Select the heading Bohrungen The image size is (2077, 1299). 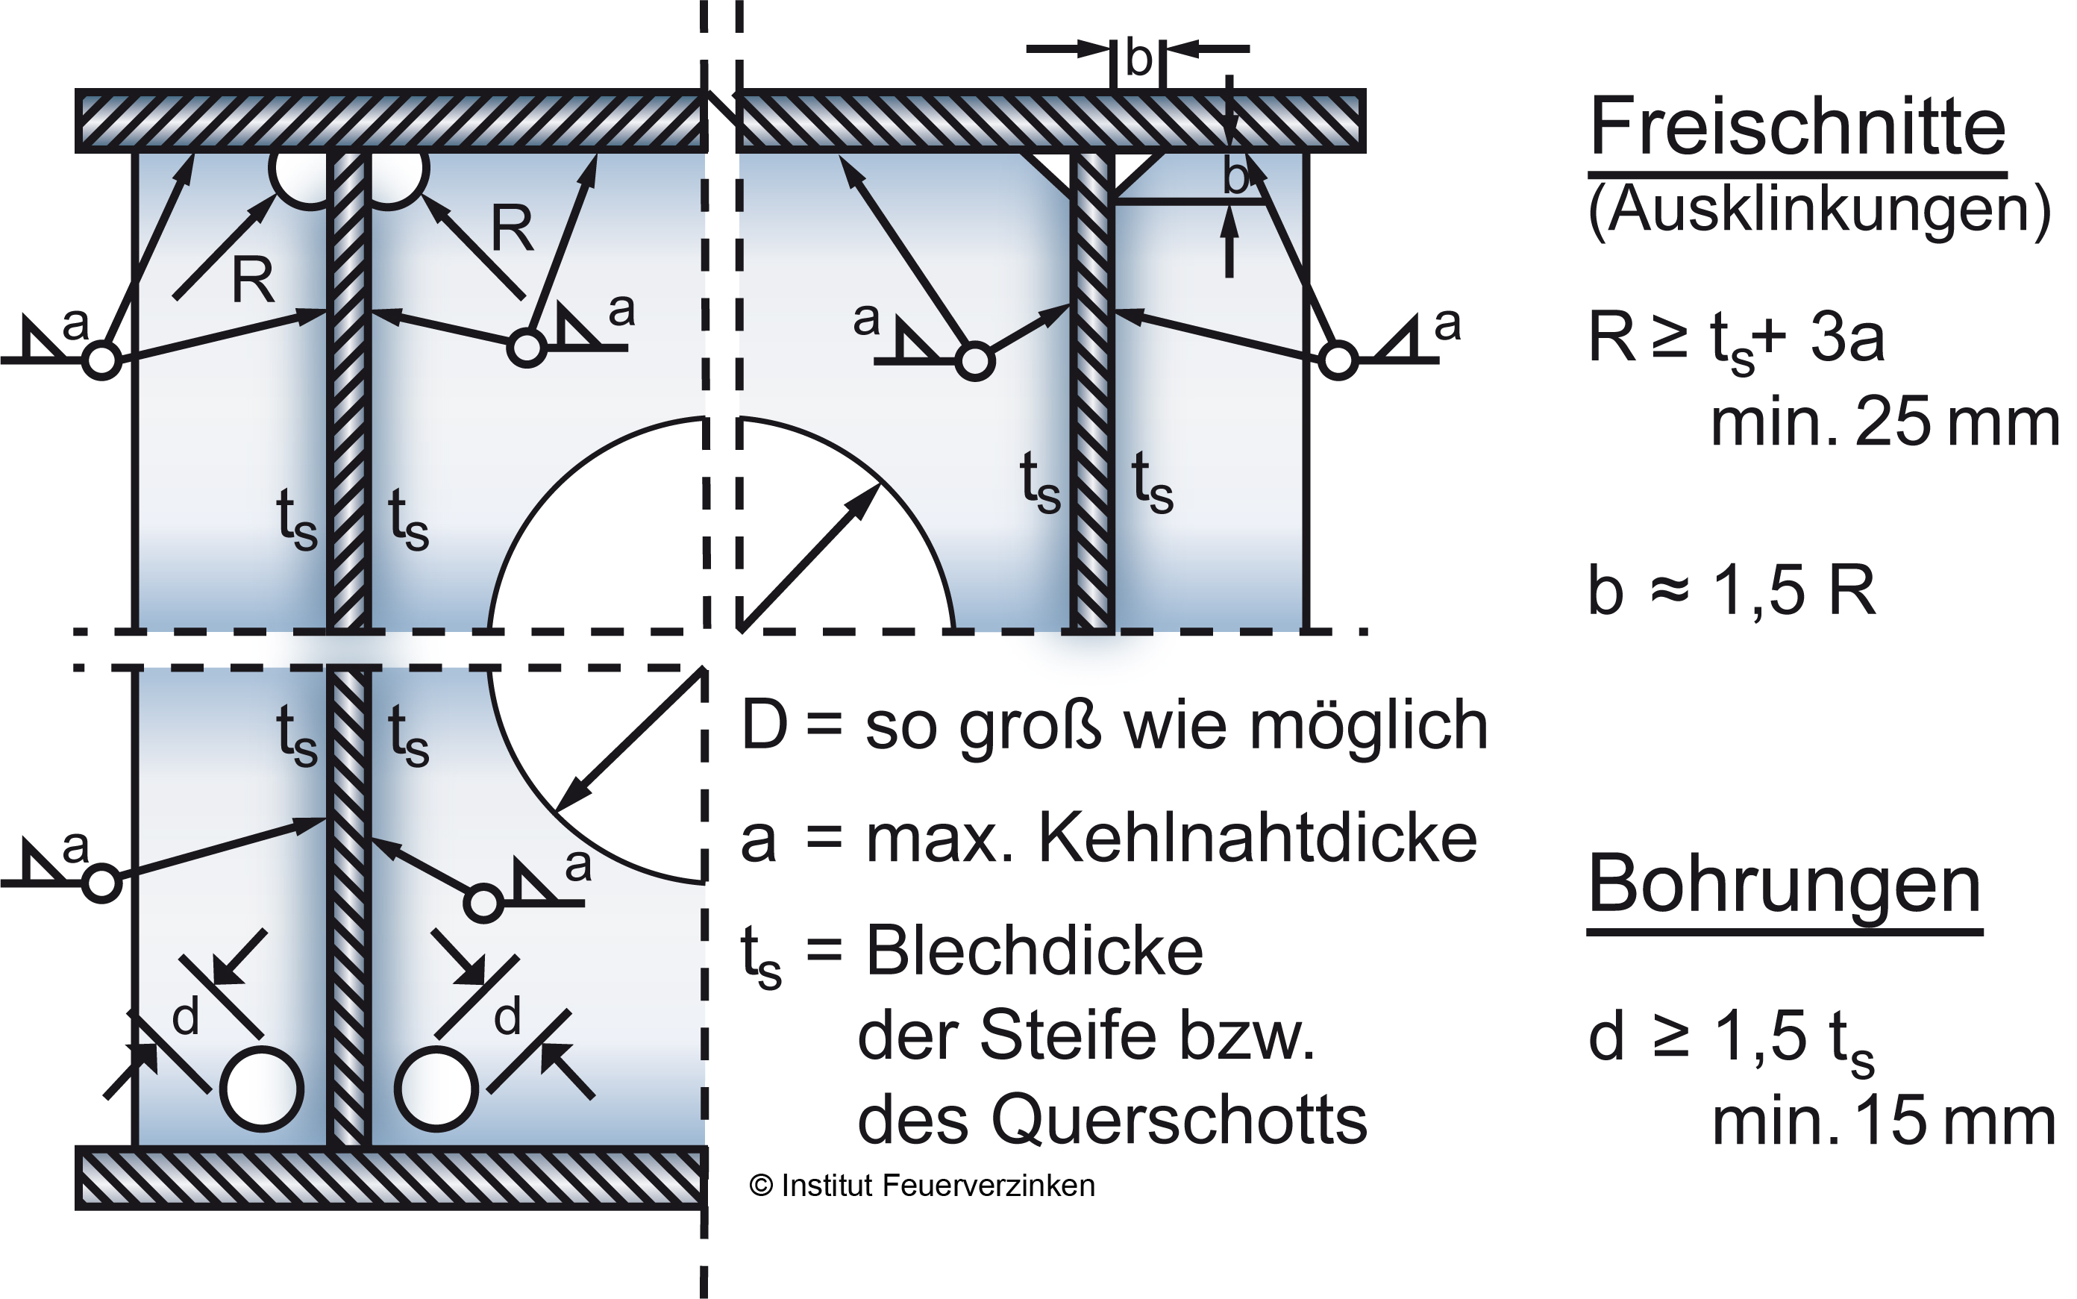pyautogui.click(x=1784, y=885)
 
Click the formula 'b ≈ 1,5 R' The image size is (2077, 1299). pyautogui.click(x=1732, y=591)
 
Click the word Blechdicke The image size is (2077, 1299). pyautogui.click(x=1034, y=951)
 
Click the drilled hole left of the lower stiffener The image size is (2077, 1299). pyautogui.click(x=262, y=1089)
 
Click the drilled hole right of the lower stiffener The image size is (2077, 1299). pyautogui.click(x=436, y=1089)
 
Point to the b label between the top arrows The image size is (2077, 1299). pyautogui.click(x=1138, y=59)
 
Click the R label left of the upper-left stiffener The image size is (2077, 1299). pyautogui.click(x=253, y=280)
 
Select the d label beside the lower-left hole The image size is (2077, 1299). pyautogui.click(x=186, y=1017)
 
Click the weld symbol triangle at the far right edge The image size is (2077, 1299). pyautogui.click(x=1400, y=342)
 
